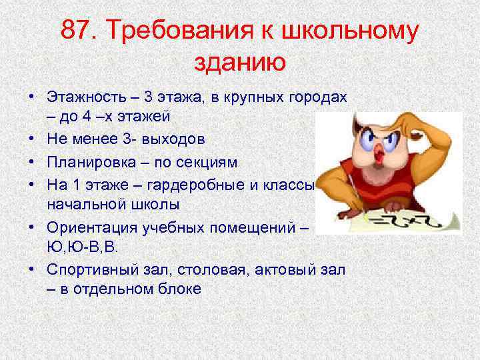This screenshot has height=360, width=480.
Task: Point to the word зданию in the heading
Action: [x=239, y=63]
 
